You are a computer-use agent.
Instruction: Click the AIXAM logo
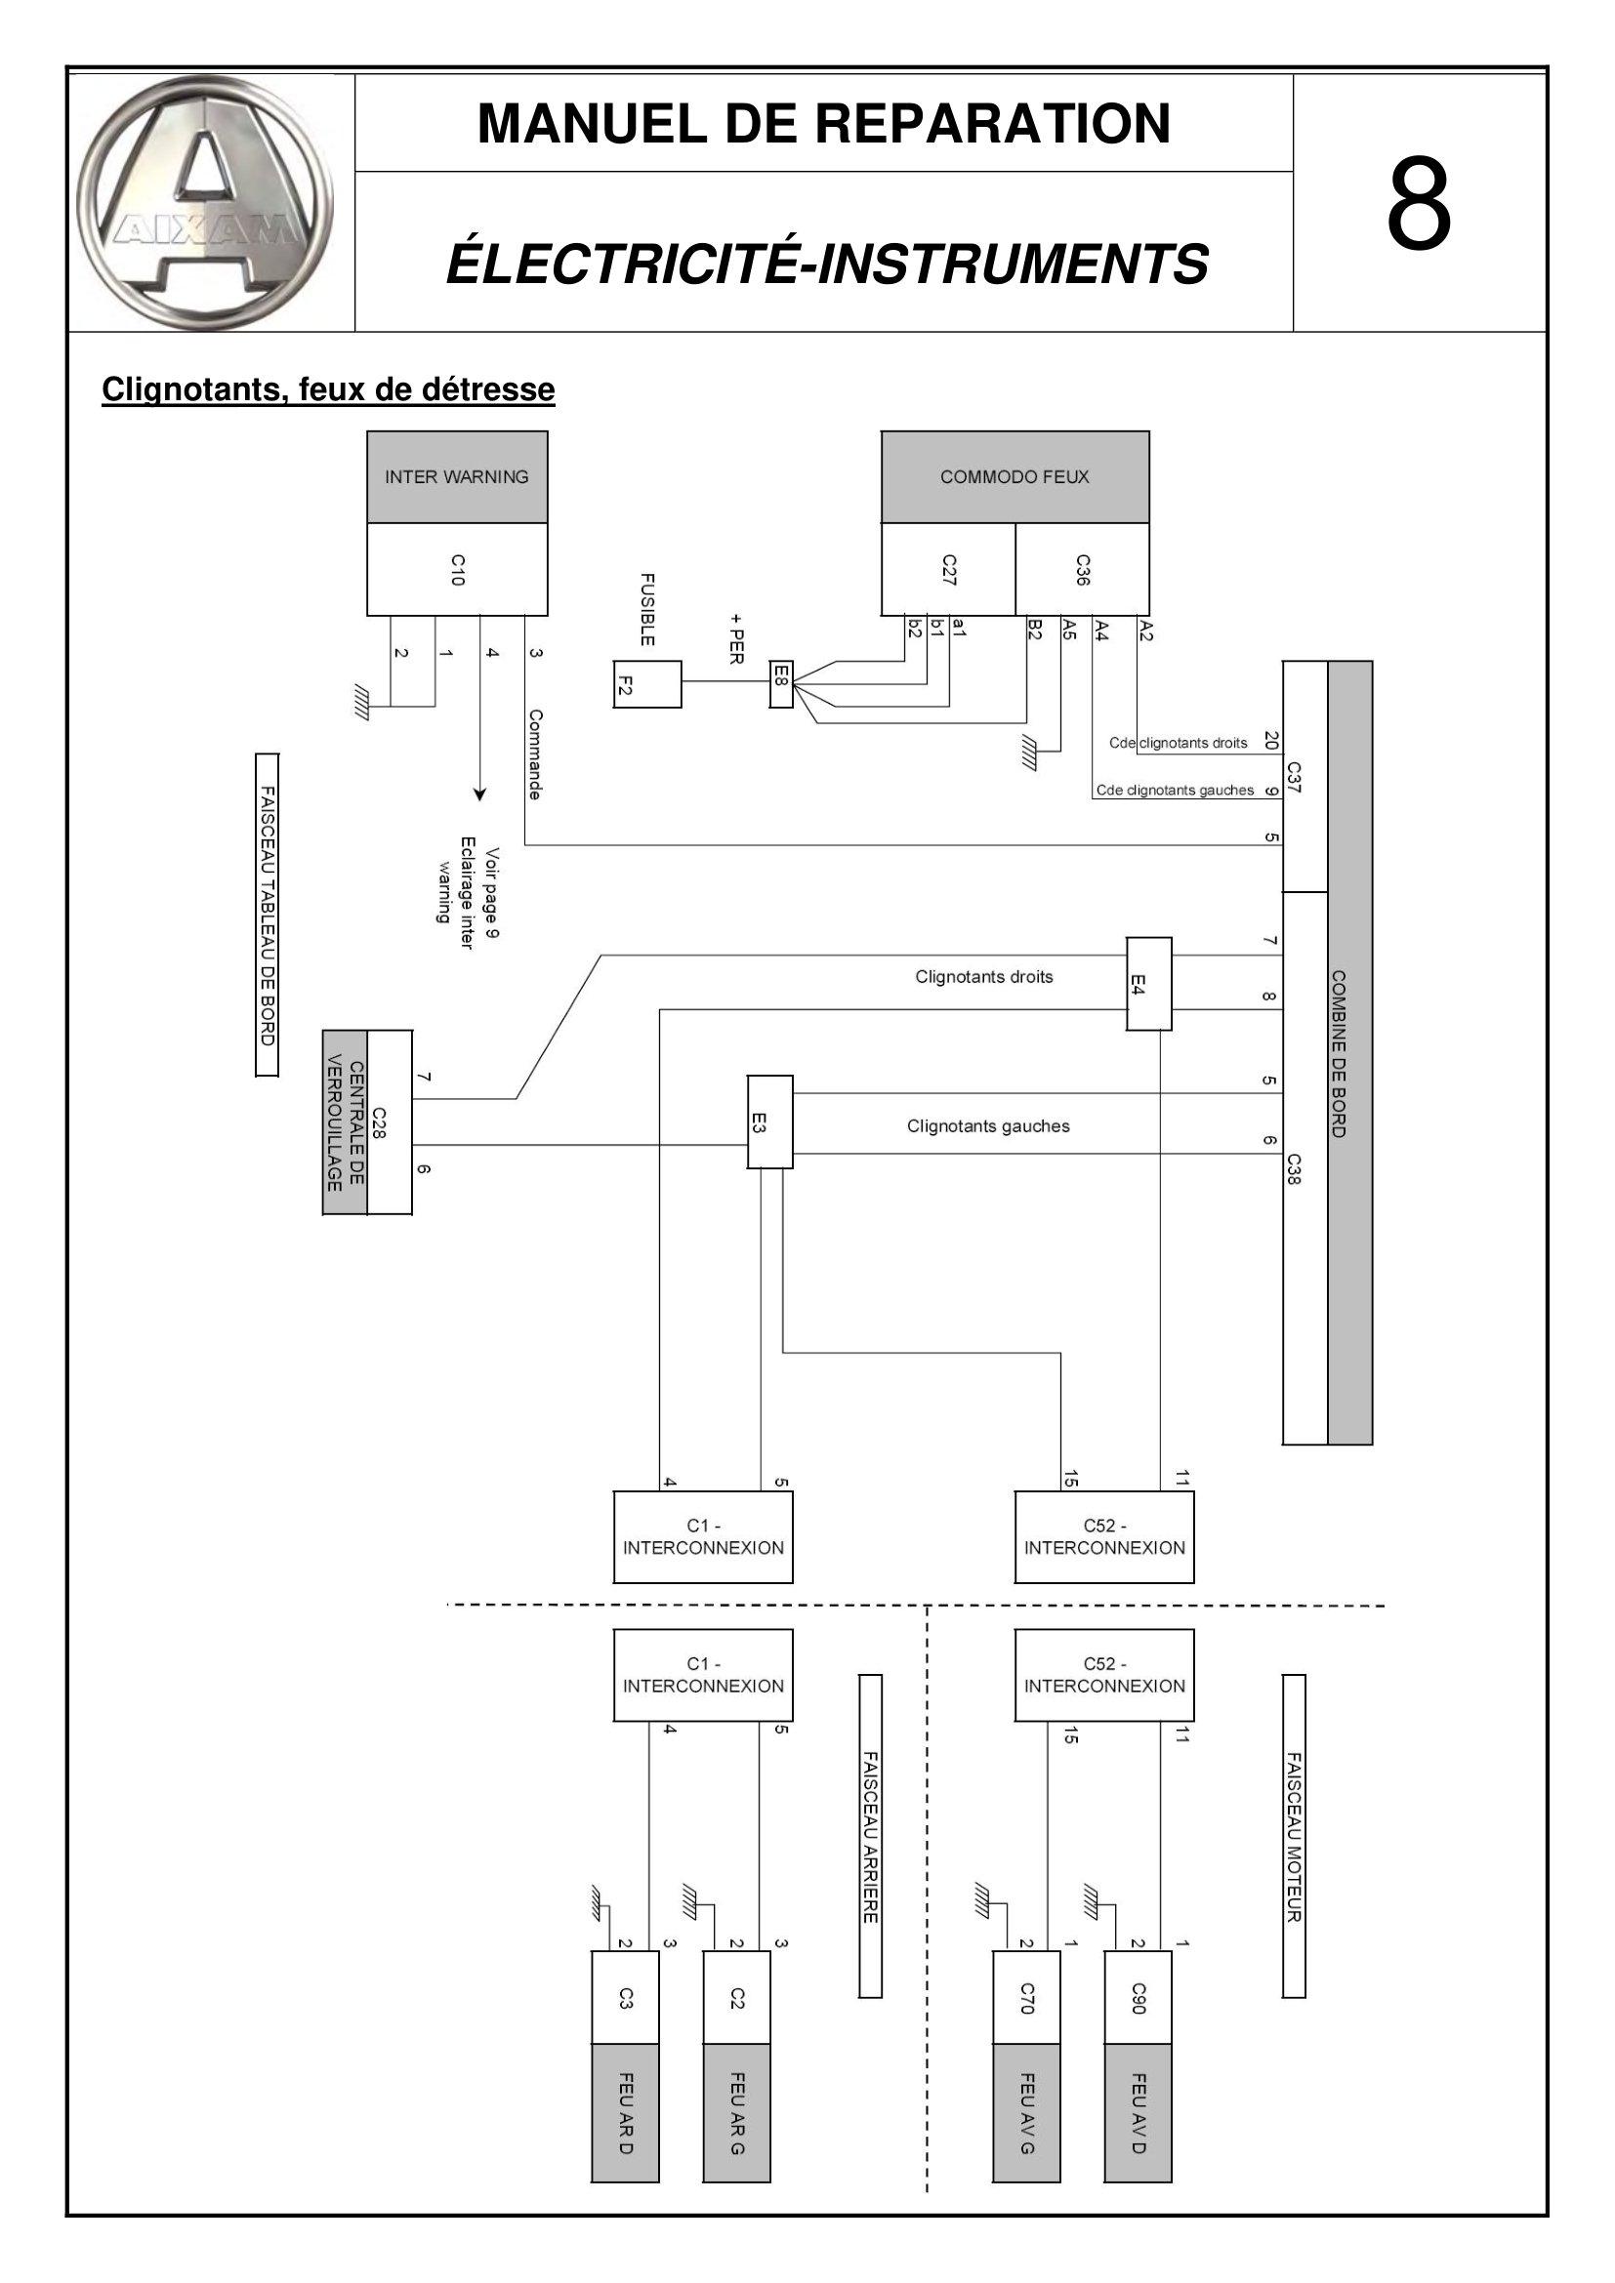coord(205,203)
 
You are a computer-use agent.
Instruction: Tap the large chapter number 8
coord(1419,205)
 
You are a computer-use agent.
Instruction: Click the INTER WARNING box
coord(457,477)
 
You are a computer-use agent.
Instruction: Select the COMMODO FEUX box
coord(1015,477)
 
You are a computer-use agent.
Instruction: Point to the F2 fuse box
coord(647,684)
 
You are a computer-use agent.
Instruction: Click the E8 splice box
coord(782,683)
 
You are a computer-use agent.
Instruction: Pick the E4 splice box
coord(1148,984)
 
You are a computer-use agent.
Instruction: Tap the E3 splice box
coord(770,1121)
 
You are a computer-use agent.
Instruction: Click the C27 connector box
coord(949,570)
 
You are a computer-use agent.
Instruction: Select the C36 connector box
coord(1082,570)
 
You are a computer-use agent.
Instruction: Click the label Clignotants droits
coord(984,977)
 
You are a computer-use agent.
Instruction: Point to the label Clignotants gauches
coord(988,1126)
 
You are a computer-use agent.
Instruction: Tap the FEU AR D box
coord(626,2127)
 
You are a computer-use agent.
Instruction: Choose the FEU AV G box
coord(1026,2127)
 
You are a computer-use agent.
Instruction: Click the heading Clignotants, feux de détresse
coord(328,389)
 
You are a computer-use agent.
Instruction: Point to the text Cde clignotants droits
coord(1179,743)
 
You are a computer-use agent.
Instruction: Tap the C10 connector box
coord(457,570)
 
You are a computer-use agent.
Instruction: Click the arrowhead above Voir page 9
coord(480,795)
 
